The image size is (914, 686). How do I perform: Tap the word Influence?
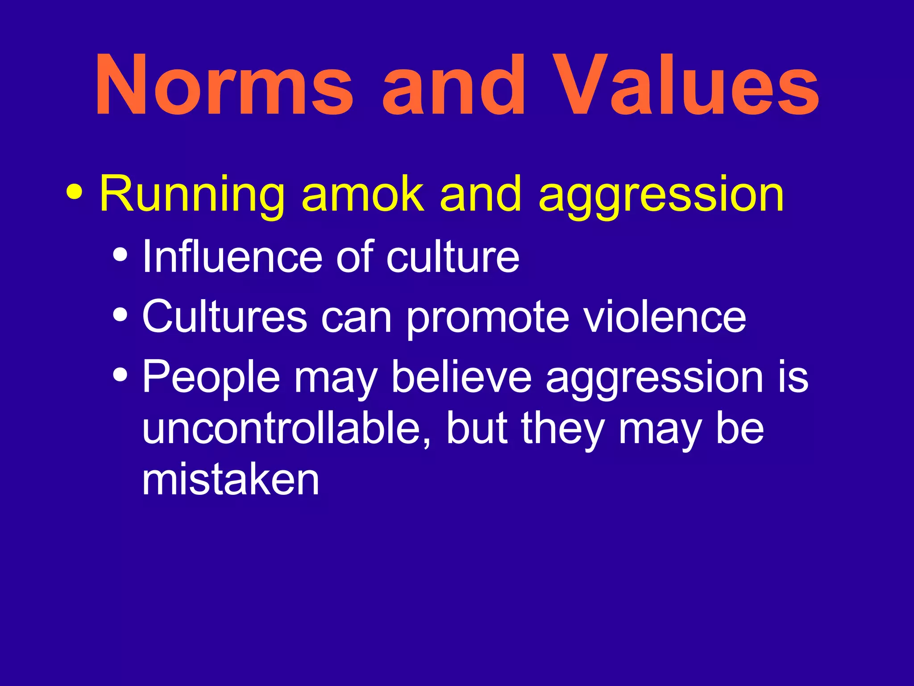[x=232, y=257]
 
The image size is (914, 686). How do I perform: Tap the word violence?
[x=665, y=317]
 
